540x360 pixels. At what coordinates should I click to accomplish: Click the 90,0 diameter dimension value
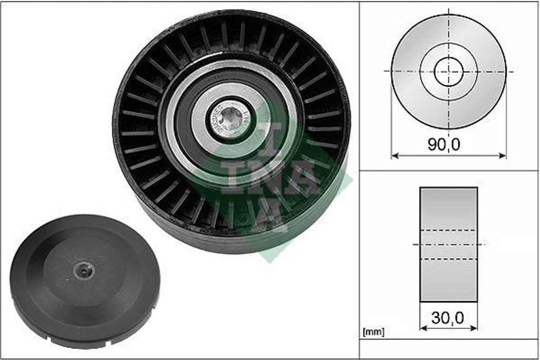click(443, 144)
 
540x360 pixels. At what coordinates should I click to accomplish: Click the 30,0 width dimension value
click(448, 317)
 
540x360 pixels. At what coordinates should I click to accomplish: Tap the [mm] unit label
click(374, 332)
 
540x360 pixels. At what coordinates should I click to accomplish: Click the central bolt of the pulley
click(230, 120)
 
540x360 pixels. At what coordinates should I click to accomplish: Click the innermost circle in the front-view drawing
click(448, 71)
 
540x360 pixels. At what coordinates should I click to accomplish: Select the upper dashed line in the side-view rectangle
click(448, 230)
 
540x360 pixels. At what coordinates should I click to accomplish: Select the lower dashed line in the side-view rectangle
click(448, 259)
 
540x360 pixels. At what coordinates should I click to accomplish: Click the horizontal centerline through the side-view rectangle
click(448, 244)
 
